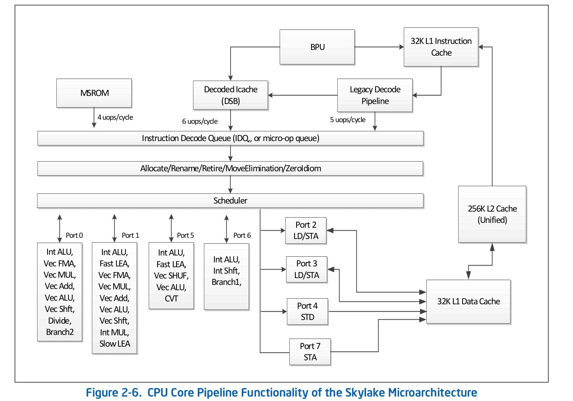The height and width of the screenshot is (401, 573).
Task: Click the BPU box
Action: (x=317, y=47)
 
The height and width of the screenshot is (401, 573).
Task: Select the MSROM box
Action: (x=94, y=93)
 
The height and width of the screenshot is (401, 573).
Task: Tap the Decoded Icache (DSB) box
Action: (x=230, y=95)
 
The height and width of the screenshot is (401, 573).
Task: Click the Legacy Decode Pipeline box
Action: (x=375, y=95)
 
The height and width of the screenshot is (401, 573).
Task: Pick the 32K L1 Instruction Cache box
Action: (x=441, y=47)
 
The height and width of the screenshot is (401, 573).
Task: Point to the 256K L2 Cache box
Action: (x=492, y=214)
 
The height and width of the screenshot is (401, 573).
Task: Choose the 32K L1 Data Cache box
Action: (x=468, y=302)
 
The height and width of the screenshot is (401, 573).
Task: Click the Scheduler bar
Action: (x=230, y=201)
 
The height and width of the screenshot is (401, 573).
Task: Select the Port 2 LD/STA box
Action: (x=306, y=231)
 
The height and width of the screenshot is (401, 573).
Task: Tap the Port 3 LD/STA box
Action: (x=307, y=270)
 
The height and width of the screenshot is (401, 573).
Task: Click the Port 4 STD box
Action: (x=307, y=312)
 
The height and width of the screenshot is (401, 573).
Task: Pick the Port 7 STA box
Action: (x=310, y=352)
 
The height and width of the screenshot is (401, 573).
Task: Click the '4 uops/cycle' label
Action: (x=115, y=117)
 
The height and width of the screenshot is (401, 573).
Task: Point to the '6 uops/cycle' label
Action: (x=200, y=121)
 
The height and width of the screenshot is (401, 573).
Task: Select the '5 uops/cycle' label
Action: (x=348, y=120)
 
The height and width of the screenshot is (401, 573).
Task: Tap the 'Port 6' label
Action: (x=242, y=235)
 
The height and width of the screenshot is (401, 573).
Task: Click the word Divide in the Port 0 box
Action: (x=60, y=321)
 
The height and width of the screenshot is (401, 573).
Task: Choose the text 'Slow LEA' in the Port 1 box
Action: (x=114, y=344)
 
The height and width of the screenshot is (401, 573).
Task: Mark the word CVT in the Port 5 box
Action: (x=171, y=299)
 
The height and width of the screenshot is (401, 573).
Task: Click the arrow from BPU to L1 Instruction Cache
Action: (x=379, y=47)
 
